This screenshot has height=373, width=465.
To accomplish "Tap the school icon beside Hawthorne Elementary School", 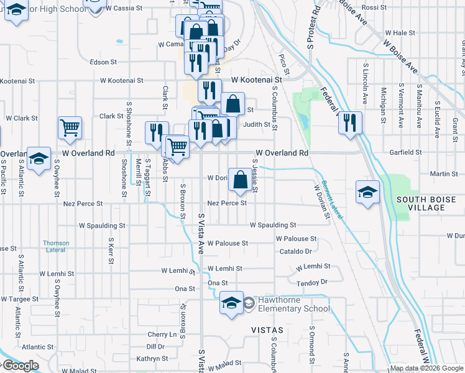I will click(x=231, y=303).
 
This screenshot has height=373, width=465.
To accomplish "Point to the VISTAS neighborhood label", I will click(x=267, y=329).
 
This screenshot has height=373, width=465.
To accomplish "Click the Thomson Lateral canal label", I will click(x=56, y=246).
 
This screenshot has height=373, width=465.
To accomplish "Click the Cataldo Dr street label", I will click(x=295, y=252).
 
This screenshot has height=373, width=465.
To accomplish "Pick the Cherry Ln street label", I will click(x=162, y=334).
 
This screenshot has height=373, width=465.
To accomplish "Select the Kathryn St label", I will click(x=152, y=359).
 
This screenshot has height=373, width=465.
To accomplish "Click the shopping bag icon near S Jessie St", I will click(x=240, y=180).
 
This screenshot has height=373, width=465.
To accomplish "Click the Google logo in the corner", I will click(x=20, y=366).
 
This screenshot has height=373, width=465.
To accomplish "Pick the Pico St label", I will click(x=283, y=62).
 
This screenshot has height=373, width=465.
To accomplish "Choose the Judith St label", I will click(x=260, y=124).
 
